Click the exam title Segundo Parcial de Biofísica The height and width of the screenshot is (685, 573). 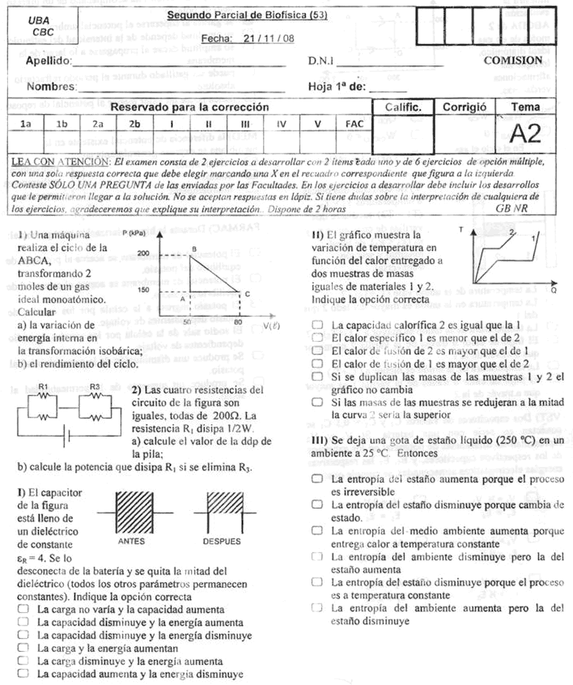point(246,15)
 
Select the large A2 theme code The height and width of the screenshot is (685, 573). point(525,134)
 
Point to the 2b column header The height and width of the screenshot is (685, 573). point(134,124)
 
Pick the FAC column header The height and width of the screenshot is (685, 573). point(354,124)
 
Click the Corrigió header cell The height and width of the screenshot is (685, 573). point(464,107)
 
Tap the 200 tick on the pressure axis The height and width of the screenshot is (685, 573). point(143,254)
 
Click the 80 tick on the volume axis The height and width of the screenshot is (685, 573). point(238,321)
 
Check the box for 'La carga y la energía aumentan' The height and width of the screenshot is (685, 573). point(24,648)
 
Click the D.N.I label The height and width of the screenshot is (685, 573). point(320,61)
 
